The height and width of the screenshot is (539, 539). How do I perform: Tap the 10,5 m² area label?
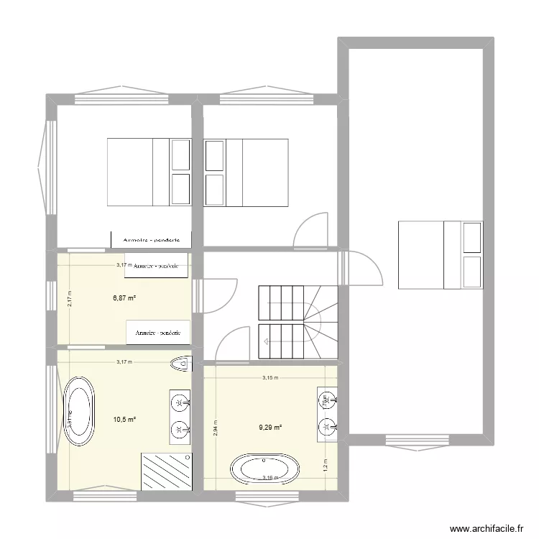pyautogui.click(x=125, y=419)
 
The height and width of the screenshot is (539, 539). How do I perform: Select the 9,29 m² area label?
pyautogui.click(x=270, y=428)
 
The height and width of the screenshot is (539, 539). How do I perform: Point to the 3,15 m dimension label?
pyautogui.click(x=270, y=377)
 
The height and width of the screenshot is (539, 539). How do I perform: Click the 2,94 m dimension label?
pyautogui.click(x=214, y=428)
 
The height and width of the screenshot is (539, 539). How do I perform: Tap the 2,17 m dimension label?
pyautogui.click(x=70, y=298)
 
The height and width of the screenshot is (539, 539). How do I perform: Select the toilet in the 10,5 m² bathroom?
pyautogui.click(x=181, y=364)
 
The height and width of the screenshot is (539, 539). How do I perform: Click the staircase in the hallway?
pyautogui.click(x=297, y=321)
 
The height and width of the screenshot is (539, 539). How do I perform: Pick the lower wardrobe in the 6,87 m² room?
pyautogui.click(x=158, y=333)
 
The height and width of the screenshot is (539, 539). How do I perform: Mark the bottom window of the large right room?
pyautogui.click(x=415, y=440)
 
